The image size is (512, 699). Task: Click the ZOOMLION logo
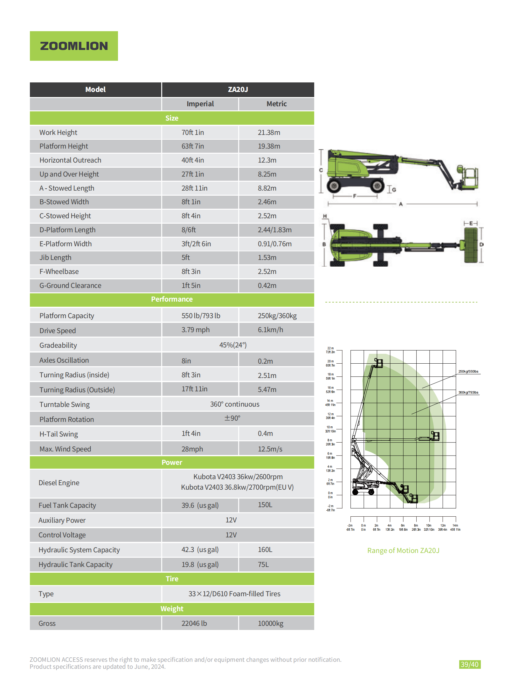tap(74, 46)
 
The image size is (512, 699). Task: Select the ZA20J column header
tap(238, 90)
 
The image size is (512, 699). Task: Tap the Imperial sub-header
tap(200, 104)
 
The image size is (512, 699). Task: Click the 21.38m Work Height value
tap(269, 132)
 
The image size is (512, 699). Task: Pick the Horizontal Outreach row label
tap(70, 160)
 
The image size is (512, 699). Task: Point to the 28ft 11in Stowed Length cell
tap(194, 188)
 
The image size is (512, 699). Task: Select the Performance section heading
tap(172, 299)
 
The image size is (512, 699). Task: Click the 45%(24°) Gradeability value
tap(233, 345)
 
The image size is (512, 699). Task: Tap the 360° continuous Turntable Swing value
tap(234, 404)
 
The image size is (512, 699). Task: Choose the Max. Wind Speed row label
tap(65, 449)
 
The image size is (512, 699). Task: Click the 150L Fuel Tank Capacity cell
tap(265, 505)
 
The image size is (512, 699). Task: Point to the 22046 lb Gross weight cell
tap(194, 623)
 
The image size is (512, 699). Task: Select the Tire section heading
tap(172, 579)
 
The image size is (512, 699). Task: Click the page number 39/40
tap(469, 664)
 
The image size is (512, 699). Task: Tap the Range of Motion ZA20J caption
tap(403, 550)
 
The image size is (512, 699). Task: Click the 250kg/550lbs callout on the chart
tap(468, 372)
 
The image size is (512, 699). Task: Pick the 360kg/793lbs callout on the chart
tap(468, 393)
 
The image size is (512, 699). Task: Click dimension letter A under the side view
tap(401, 204)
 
